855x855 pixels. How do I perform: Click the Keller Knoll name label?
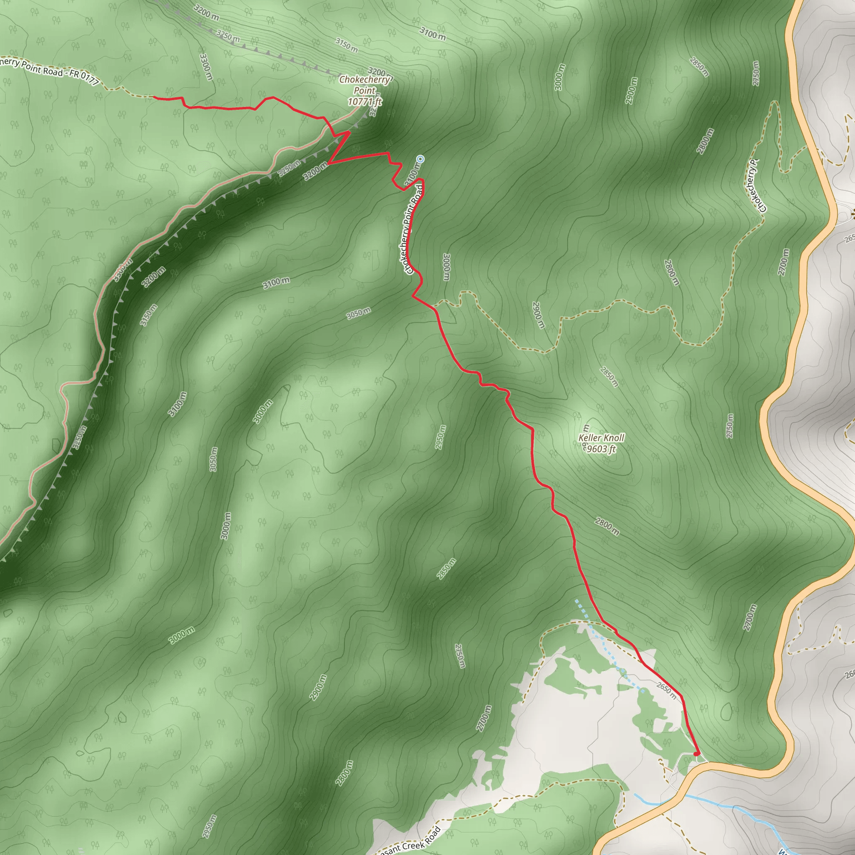[602, 438]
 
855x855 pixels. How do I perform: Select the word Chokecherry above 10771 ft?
[364, 80]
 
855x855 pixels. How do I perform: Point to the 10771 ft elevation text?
[364, 102]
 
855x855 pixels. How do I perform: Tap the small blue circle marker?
[420, 158]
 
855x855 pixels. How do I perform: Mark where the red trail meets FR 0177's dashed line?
[153, 96]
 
